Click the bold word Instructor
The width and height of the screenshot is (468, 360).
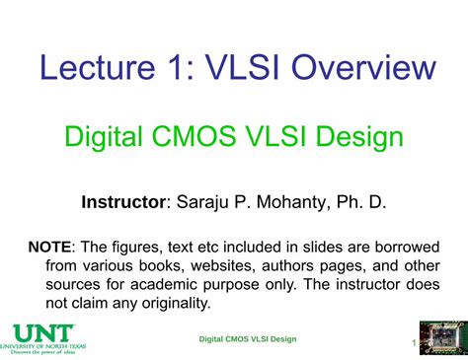[x=123, y=202]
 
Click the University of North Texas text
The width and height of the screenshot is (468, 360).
[x=43, y=346]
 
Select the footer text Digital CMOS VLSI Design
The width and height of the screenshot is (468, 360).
[x=247, y=339]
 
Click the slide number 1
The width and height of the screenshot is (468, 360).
[x=413, y=343]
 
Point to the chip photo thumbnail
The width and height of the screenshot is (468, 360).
[x=442, y=338]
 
